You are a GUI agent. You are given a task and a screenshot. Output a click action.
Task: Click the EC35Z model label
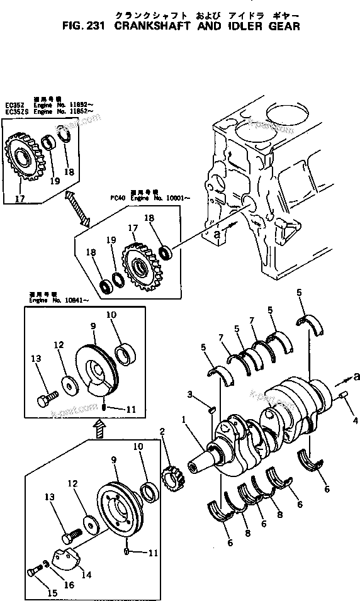click(x=13, y=104)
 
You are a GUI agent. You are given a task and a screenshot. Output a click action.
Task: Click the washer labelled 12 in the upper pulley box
click(x=67, y=383)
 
